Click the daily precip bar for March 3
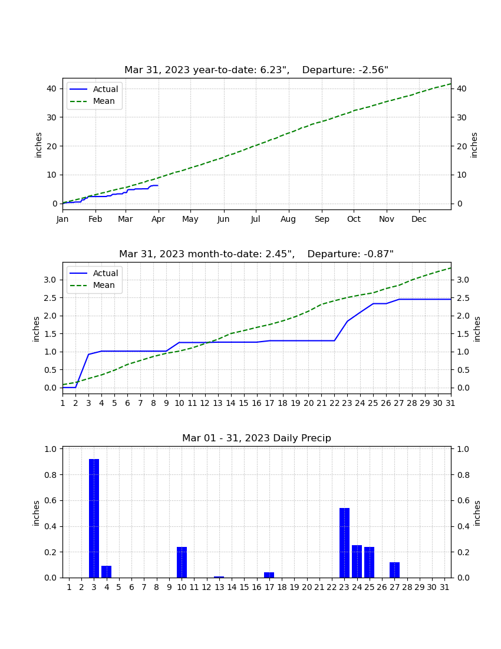(94, 518)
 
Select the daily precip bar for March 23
(344, 543)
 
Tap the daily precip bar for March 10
(182, 562)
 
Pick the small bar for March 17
(269, 575)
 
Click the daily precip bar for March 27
(394, 570)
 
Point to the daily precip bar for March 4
(106, 572)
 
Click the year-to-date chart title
(256, 70)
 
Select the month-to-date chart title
(256, 254)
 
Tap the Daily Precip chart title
(256, 438)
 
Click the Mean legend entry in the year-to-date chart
(94, 101)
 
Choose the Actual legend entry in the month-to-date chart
(94, 273)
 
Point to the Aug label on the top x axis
(288, 219)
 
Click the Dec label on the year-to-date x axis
(418, 219)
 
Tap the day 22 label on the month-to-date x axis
(334, 403)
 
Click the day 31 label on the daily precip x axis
(444, 587)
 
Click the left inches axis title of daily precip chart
(37, 513)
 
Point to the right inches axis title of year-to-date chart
(474, 145)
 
